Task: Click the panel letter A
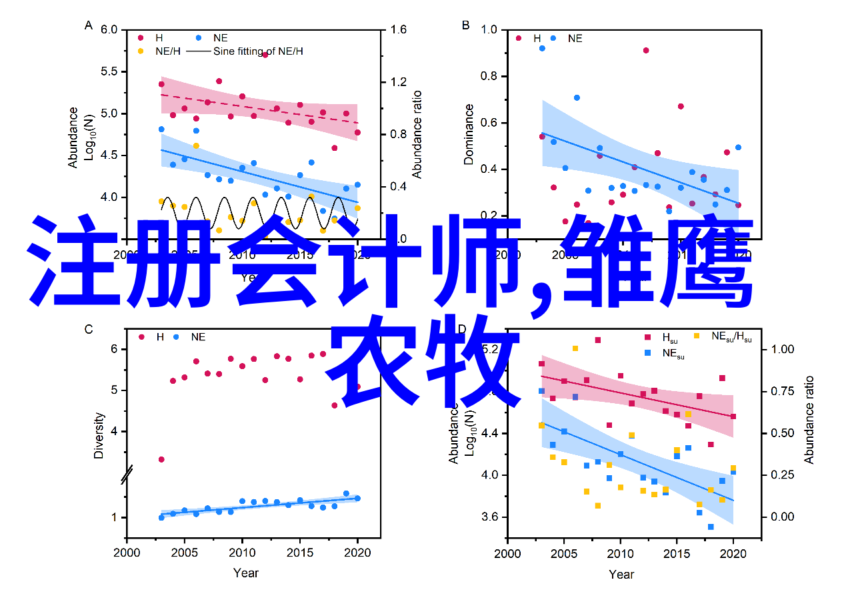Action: [x=89, y=26]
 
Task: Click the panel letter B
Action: [x=465, y=26]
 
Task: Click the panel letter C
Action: [x=89, y=328]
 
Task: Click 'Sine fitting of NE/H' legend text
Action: [x=258, y=51]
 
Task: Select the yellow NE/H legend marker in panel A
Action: [x=141, y=51]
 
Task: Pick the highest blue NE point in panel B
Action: [x=542, y=48]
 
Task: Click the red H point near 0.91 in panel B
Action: [x=646, y=50]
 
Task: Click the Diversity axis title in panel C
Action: [x=99, y=435]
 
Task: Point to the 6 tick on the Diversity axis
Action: [x=114, y=349]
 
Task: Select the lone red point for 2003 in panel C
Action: [x=161, y=460]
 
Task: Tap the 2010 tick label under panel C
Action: [x=242, y=553]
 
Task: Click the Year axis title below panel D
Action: [x=621, y=574]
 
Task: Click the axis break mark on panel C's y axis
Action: [x=127, y=475]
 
